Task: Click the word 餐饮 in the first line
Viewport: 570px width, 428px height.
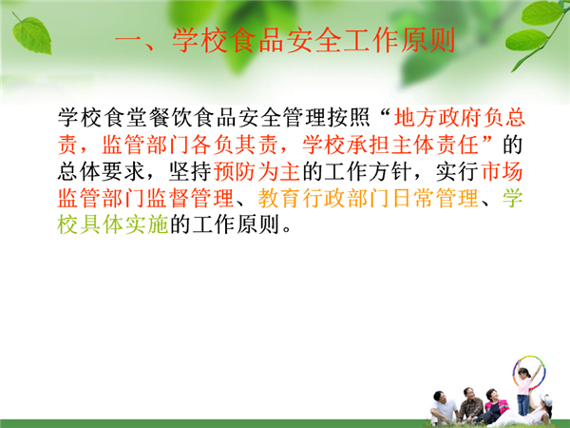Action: (x=170, y=118)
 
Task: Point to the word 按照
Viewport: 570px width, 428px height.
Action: (x=349, y=118)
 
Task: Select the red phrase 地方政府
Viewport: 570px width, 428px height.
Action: (x=437, y=118)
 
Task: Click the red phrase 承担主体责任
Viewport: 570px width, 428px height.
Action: (x=412, y=145)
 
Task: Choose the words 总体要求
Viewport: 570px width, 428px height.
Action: (x=102, y=171)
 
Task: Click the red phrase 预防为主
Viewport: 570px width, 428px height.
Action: (x=256, y=171)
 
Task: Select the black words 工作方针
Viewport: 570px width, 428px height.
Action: (x=368, y=171)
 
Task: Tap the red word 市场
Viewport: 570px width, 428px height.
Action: (x=502, y=171)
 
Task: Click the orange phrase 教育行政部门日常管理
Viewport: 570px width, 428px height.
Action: (x=368, y=199)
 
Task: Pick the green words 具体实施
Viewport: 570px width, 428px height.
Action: (x=123, y=224)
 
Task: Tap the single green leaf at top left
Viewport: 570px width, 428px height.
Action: (x=31, y=35)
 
